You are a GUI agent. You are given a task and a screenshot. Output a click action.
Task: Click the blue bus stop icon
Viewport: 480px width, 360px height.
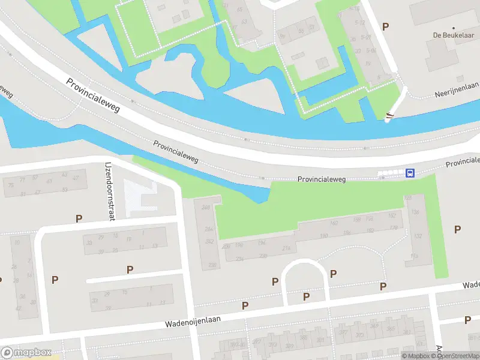(x=410, y=173)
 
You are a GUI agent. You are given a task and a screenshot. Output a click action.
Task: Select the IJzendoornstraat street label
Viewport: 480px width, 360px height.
(x=110, y=191)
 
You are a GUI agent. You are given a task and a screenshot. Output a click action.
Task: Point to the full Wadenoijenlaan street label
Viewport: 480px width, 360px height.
(x=193, y=321)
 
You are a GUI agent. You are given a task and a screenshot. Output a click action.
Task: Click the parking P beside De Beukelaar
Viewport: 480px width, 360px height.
(x=386, y=26)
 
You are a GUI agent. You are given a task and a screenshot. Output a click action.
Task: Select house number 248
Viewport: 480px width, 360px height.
(x=206, y=208)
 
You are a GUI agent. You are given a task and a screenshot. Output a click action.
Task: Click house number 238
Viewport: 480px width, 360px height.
(x=212, y=265)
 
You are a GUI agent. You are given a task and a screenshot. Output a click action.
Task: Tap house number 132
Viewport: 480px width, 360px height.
(x=417, y=236)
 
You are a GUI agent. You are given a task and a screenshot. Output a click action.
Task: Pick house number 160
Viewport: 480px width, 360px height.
(x=334, y=223)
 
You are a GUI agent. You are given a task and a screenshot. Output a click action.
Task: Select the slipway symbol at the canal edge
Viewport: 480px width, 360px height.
(x=390, y=116)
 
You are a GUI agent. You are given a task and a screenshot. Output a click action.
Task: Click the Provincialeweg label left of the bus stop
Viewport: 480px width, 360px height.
(x=323, y=179)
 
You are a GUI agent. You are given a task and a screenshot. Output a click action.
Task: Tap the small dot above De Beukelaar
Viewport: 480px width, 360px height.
(x=454, y=28)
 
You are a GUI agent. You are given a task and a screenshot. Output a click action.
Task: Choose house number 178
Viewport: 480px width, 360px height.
(x=394, y=227)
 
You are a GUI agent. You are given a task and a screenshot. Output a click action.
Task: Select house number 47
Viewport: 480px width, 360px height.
(x=75, y=178)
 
